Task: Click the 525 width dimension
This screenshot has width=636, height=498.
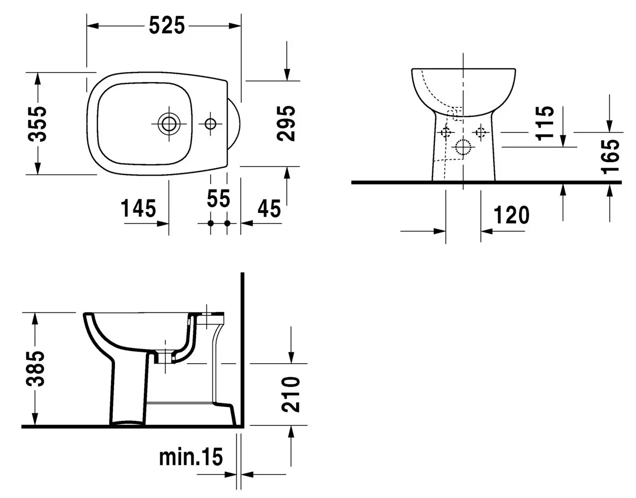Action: click(166, 25)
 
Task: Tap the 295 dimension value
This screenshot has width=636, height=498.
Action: click(286, 123)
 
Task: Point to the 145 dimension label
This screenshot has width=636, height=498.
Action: click(138, 208)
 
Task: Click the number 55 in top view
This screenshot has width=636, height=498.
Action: click(218, 199)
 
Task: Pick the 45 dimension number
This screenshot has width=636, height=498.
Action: click(269, 208)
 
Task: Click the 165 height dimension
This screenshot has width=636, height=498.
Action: click(610, 156)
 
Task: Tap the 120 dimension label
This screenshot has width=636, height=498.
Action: click(512, 215)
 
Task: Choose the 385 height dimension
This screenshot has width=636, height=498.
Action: click(36, 369)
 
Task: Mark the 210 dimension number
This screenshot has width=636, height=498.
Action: click(291, 394)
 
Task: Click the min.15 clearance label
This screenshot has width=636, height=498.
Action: click(191, 457)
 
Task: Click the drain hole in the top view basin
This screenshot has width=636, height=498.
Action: click(169, 123)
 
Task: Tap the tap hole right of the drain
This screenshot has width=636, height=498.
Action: click(210, 123)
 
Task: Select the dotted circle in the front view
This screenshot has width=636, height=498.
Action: click(463, 147)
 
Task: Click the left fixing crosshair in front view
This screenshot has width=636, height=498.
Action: click(445, 132)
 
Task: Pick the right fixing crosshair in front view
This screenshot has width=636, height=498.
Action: click(481, 132)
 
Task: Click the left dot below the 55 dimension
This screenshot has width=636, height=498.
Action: click(211, 223)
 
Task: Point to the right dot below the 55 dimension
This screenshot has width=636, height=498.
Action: click(227, 223)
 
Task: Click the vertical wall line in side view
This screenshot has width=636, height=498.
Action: click(241, 348)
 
